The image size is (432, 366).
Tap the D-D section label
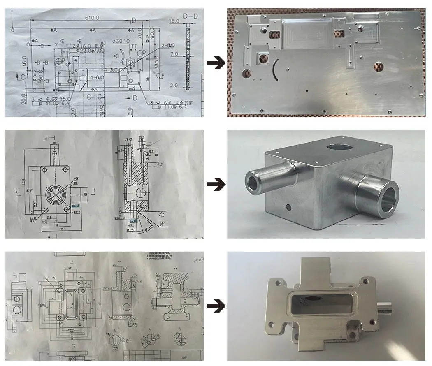[x=190, y=16]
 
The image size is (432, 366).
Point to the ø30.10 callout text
[x=121, y=41]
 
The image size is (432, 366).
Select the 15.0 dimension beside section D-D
[x=174, y=21]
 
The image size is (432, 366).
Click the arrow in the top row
[x=216, y=63]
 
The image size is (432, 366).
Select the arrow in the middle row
[x=216, y=184]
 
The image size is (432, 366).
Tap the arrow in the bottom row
[x=216, y=306]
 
